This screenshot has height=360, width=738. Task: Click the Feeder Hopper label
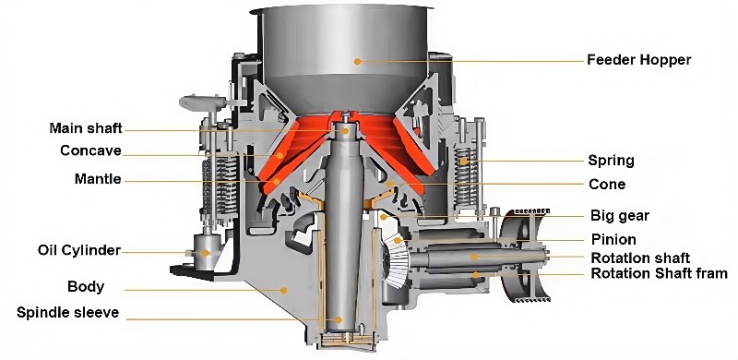pos(638,60)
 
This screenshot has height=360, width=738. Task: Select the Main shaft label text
pos(86,127)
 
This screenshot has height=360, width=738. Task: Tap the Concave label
pos(91,150)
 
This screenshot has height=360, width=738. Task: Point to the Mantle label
pos(98,179)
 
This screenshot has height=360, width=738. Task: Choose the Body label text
pos(86,286)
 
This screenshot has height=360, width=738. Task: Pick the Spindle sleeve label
pos(67,312)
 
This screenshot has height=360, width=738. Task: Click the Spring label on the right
pos(611,161)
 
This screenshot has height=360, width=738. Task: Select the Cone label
pos(607,185)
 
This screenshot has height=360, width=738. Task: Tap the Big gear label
pos(620,216)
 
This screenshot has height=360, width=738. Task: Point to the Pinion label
pos(613,240)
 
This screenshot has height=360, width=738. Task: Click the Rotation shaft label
pos(640,257)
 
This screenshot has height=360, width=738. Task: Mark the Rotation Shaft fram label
pos(659,273)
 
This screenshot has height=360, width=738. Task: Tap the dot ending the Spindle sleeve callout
pos(338,319)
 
